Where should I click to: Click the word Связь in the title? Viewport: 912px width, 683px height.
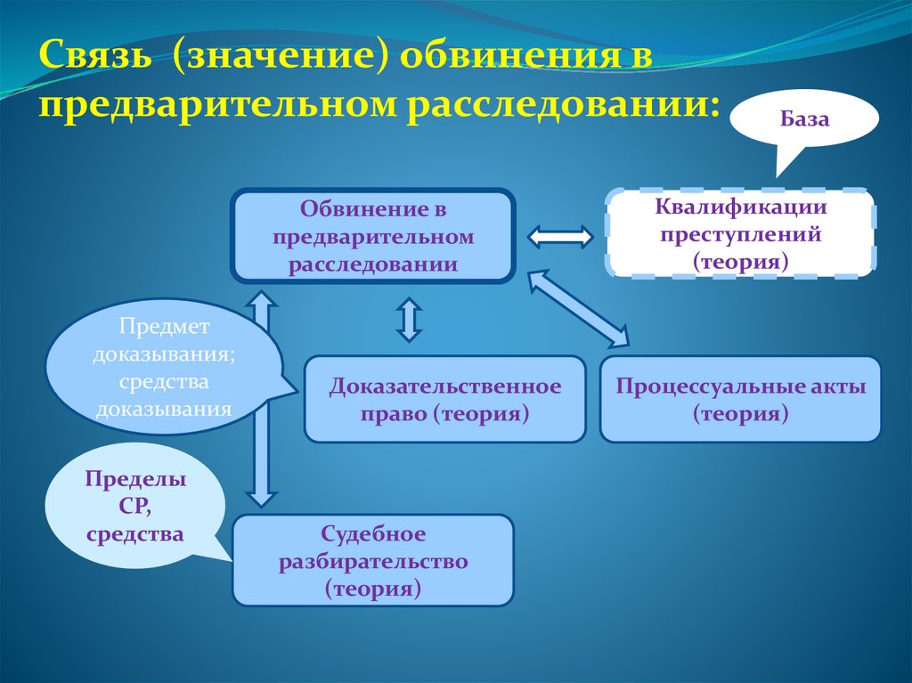pos(96,59)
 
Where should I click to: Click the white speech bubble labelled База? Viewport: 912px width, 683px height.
pos(804,118)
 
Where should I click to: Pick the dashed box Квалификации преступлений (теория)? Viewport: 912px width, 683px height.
pos(741,234)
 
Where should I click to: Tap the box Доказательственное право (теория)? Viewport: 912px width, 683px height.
pos(444,400)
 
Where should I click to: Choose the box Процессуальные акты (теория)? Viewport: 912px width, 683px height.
pos(740,400)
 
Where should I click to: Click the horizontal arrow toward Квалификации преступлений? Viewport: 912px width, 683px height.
pos(560,237)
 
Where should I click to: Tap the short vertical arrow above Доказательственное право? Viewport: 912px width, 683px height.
pos(409,320)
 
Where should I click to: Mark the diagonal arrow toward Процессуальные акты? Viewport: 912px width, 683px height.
pos(578,308)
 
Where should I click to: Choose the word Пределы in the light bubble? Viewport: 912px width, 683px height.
pos(136,479)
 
